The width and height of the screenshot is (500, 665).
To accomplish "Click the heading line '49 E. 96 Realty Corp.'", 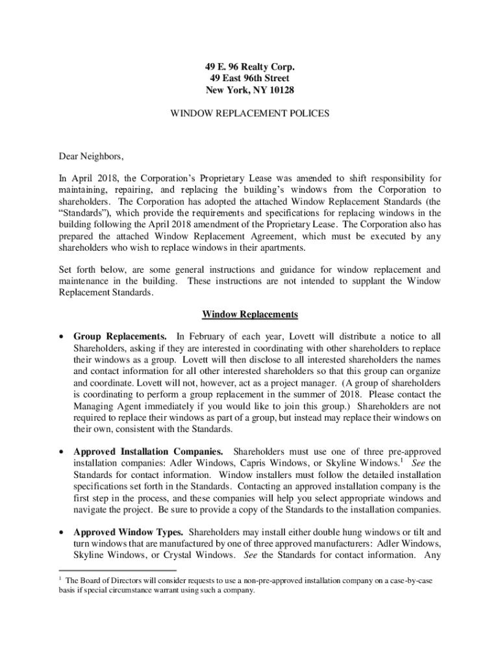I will [x=250, y=66].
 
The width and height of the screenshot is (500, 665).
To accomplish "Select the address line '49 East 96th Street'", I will [x=250, y=78].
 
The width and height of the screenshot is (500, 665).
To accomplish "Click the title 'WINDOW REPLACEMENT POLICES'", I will [x=250, y=113].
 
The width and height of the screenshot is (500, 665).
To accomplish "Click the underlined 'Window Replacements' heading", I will [x=250, y=315].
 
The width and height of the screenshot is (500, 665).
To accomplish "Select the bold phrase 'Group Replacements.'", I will [x=120, y=336].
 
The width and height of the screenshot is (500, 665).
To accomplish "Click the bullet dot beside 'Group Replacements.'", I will [x=62, y=337].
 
